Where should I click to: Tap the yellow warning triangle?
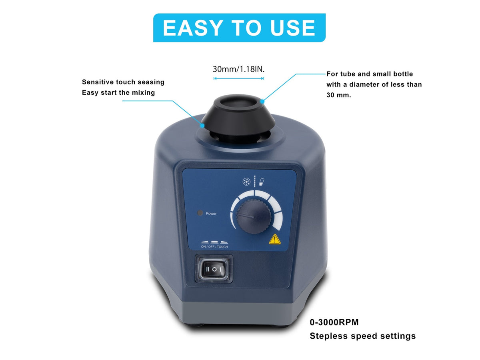pos(275,239)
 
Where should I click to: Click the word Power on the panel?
pos(211,214)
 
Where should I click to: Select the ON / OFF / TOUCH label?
pos(214,247)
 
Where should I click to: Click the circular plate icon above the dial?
pos(247,182)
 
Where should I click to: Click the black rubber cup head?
pos(238,114)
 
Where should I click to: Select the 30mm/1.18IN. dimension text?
pos(239,69)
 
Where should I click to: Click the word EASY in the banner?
pos(193,28)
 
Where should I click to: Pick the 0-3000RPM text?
pos(334,322)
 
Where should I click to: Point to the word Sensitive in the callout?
pos(98,82)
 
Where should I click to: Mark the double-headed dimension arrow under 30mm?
pos(239,78)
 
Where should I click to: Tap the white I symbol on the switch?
pos(220,270)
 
